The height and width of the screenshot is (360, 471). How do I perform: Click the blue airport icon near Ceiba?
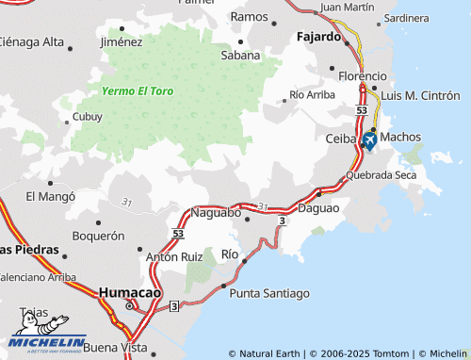[368, 141]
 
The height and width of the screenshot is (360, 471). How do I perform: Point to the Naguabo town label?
[216, 213]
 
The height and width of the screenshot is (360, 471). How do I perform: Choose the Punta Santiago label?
[269, 293]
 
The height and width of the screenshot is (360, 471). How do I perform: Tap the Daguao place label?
[317, 206]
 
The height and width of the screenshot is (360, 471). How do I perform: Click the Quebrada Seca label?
[381, 175]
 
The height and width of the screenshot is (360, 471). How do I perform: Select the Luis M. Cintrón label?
[420, 96]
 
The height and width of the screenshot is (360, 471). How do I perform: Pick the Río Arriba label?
[313, 94]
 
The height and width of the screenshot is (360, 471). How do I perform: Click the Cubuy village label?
[88, 118]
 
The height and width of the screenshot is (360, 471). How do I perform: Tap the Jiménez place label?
[121, 41]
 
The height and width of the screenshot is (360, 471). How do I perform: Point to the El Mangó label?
[50, 196]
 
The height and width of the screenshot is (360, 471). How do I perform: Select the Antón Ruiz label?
[174, 255]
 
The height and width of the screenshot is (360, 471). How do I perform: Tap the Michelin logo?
[49, 340]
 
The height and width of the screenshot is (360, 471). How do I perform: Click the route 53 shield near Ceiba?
[362, 111]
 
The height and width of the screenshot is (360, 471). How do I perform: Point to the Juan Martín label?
[347, 7]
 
